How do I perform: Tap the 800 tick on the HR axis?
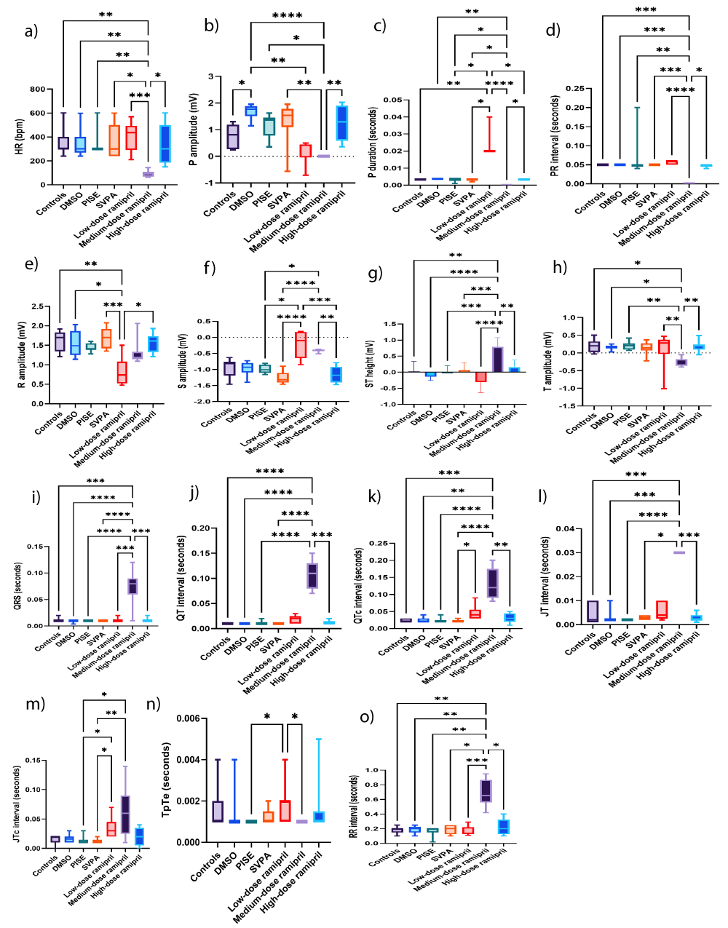(36, 90)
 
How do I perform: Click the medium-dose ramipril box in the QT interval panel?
(312, 575)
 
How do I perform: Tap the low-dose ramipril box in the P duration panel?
(489, 134)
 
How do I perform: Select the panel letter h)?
(559, 267)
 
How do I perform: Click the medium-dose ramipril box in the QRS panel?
(132, 586)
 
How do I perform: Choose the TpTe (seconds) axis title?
(167, 780)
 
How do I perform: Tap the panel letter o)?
(368, 717)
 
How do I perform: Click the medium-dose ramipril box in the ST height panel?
(497, 360)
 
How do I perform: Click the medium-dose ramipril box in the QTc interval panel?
(493, 583)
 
